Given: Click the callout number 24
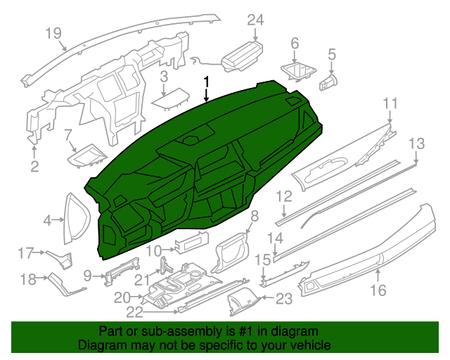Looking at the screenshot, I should [255, 20].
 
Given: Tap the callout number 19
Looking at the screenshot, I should [53, 32].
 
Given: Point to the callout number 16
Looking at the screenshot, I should [378, 290].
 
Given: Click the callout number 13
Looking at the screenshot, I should [417, 143].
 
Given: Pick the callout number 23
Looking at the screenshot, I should [283, 300].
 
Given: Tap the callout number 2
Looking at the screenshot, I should [34, 166].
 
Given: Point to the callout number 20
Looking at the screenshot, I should [122, 297].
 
